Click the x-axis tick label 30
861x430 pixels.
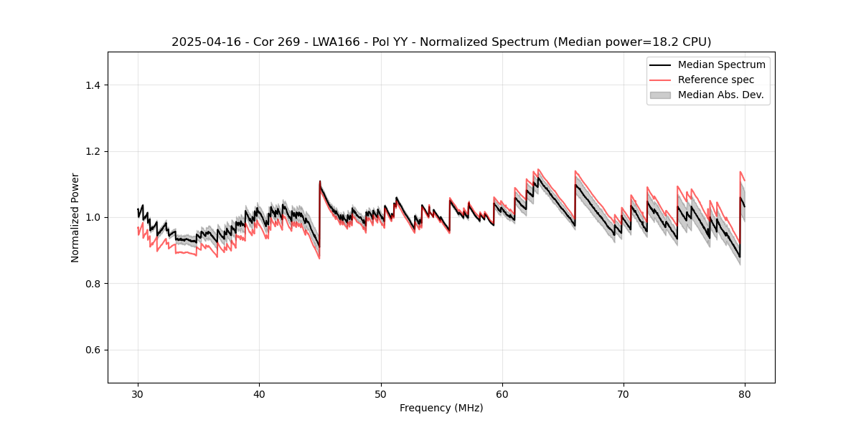click(138, 393)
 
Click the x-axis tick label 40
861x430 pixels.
click(259, 393)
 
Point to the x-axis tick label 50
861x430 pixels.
click(381, 393)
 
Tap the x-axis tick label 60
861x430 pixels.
click(502, 393)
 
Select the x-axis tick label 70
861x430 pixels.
click(624, 393)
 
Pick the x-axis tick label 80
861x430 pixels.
click(745, 393)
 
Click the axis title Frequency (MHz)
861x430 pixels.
click(441, 408)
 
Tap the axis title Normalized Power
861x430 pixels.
click(75, 217)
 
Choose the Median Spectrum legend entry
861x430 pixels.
click(721, 64)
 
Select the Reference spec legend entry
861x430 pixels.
click(716, 80)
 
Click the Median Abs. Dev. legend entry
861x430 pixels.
click(721, 95)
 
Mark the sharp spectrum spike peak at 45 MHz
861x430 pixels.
click(320, 181)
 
